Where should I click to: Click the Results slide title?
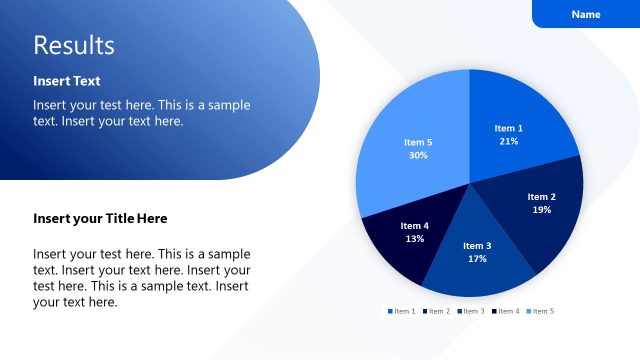[x=74, y=45]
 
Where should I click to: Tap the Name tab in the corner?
[x=586, y=14]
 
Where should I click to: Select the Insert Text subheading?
[x=66, y=81]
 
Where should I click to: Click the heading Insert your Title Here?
[x=100, y=218]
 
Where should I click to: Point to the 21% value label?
[x=509, y=142]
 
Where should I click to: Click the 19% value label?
[x=541, y=210]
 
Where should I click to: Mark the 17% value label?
[x=477, y=259]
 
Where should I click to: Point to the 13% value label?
[x=415, y=239]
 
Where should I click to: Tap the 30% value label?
[x=418, y=156]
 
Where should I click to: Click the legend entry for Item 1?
[x=402, y=311]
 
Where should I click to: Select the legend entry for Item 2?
[x=437, y=311]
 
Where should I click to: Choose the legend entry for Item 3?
[x=472, y=311]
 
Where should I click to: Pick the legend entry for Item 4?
[x=506, y=311]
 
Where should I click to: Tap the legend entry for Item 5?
[x=540, y=311]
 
